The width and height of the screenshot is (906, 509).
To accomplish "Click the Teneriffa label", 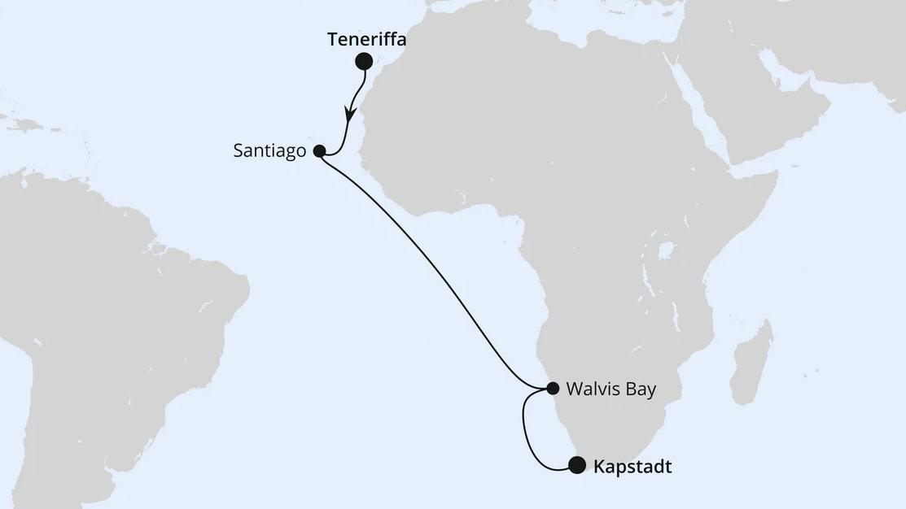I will click(366, 39).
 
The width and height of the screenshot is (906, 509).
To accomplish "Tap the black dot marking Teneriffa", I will click(364, 61).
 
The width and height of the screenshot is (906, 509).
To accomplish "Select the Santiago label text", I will click(269, 150).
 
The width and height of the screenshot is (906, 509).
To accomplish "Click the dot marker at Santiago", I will click(319, 150).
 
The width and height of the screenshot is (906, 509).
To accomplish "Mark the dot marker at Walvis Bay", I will click(553, 388).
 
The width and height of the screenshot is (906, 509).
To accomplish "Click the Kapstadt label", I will click(632, 467).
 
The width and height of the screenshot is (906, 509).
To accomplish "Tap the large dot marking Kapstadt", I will click(576, 465).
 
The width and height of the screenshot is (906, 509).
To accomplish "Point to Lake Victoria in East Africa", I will click(665, 250).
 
